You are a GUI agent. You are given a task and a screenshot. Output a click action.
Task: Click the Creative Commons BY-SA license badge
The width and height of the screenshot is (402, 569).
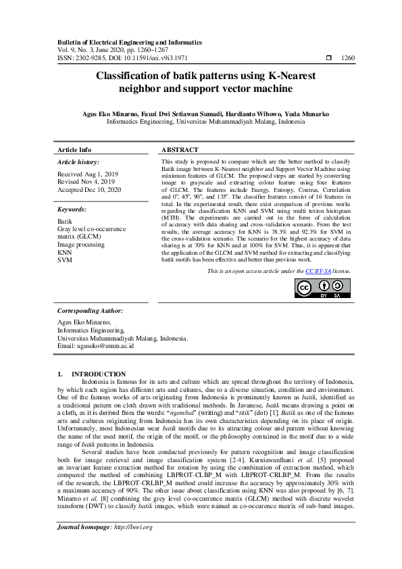[323, 289]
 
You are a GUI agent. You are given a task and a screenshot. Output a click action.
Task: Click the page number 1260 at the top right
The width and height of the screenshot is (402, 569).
[348, 58]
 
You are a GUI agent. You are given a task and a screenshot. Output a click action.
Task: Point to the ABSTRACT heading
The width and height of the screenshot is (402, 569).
[180, 149]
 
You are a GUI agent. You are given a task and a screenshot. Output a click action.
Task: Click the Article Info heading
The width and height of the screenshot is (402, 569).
[74, 149]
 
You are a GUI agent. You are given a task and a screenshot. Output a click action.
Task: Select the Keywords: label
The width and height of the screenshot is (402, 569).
[72, 209]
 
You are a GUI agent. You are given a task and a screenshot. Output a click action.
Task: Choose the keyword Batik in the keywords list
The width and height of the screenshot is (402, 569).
[65, 221]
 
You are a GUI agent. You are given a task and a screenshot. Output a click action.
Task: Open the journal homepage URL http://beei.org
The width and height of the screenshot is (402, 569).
[133, 545]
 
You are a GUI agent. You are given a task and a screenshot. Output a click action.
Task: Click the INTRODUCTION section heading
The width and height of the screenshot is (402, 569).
[99, 374]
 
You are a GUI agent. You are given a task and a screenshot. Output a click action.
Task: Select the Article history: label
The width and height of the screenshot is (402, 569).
[78, 162]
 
